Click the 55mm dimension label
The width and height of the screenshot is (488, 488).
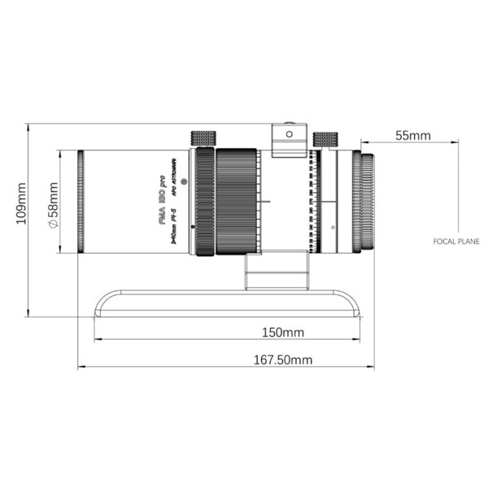[413, 136]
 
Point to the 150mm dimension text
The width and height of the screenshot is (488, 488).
[283, 332]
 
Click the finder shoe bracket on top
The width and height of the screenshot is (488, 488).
[290, 140]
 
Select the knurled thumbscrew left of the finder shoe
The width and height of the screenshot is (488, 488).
[203, 138]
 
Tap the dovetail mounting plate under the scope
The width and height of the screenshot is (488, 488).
[227, 306]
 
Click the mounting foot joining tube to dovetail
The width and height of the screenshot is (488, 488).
[278, 269]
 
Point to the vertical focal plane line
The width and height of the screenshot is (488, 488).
[458, 187]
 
